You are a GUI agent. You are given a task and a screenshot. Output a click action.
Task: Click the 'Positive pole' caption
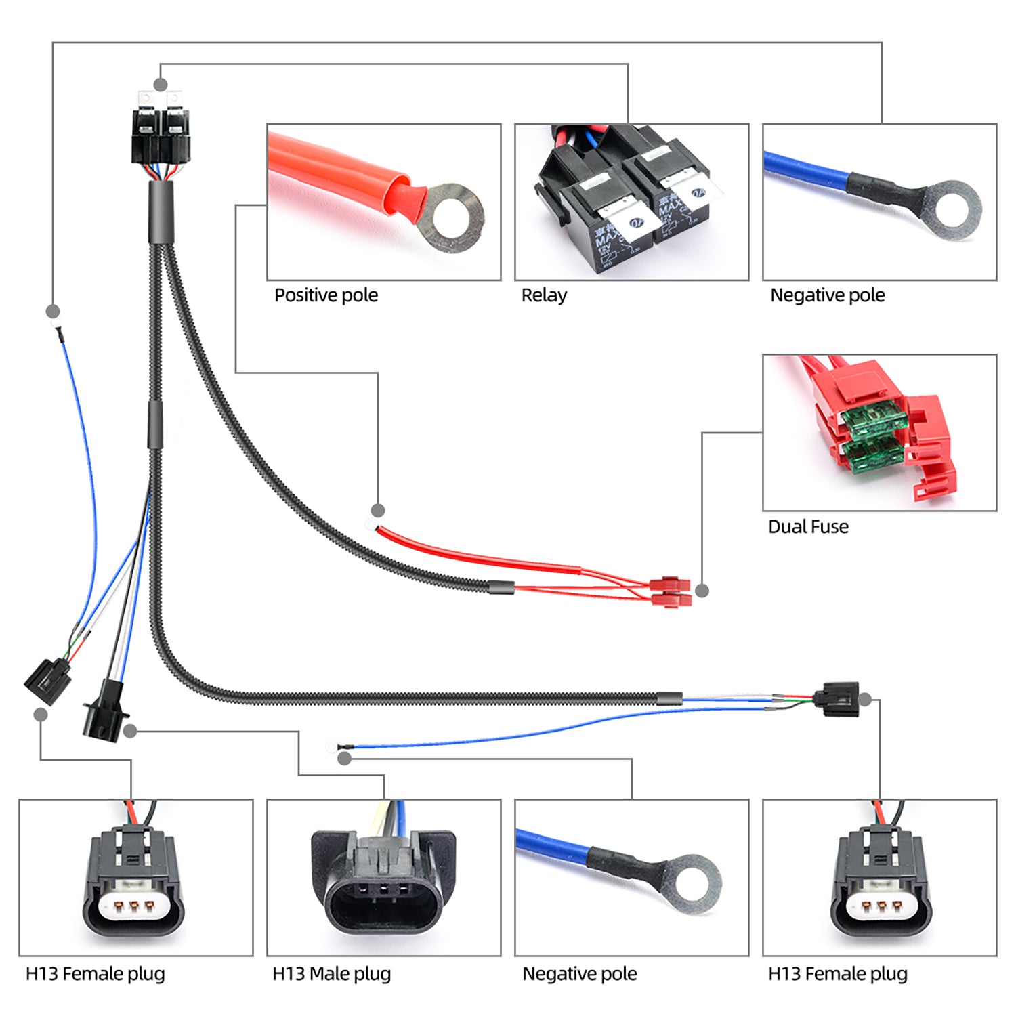(x=326, y=295)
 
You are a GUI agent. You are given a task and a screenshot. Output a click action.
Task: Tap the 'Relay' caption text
(x=543, y=295)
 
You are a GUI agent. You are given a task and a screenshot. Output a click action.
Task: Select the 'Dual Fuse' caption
(x=807, y=527)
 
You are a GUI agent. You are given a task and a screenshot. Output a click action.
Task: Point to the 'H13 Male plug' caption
(x=331, y=974)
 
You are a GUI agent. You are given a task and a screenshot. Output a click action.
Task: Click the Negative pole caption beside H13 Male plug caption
(x=579, y=974)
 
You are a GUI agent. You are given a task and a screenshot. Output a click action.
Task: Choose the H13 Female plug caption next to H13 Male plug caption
(x=95, y=974)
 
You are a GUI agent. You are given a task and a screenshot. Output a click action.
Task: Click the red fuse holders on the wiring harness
(x=671, y=591)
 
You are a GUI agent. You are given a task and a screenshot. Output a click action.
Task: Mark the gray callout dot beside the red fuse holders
(x=702, y=591)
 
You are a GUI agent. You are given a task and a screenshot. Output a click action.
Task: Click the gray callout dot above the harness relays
(x=161, y=85)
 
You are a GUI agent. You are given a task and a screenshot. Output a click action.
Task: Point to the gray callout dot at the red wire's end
(x=378, y=510)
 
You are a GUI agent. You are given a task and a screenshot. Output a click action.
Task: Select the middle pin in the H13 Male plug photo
(x=383, y=889)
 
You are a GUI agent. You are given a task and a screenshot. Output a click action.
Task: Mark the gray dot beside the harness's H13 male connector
(x=130, y=731)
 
